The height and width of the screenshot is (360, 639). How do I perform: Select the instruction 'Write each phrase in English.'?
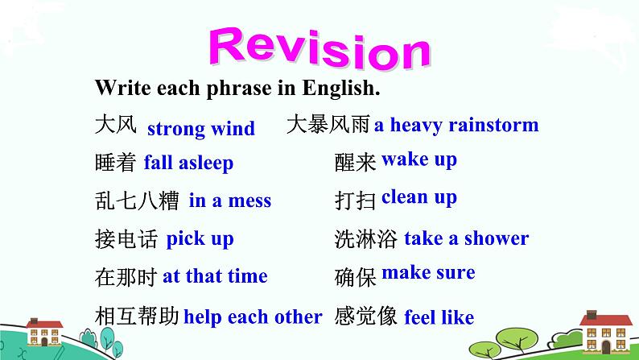pos(237,87)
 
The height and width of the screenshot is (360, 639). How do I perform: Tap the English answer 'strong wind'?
pos(200,128)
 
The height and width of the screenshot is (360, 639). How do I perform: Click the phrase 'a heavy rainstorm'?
pos(456,125)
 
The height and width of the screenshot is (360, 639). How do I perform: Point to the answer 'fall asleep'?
pos(188,163)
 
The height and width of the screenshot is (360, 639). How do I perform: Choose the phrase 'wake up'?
pos(418,159)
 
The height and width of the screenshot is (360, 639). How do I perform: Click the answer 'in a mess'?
pos(230,201)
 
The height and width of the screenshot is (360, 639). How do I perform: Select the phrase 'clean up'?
pos(418,197)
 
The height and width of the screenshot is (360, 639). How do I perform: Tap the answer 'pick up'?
pos(200,239)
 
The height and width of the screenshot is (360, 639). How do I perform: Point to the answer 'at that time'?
pos(215,276)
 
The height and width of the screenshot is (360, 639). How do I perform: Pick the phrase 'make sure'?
pos(428,272)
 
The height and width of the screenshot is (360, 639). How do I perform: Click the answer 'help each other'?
pos(253,317)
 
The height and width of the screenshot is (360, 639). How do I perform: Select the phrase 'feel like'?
pos(439,317)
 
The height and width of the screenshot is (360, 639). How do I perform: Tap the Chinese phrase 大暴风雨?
pos(328,125)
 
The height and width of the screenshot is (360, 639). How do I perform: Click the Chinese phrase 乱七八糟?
pos(136,201)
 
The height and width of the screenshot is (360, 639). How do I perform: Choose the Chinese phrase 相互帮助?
pos(136,317)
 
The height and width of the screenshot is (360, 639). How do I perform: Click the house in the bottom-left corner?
pos(45,333)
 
